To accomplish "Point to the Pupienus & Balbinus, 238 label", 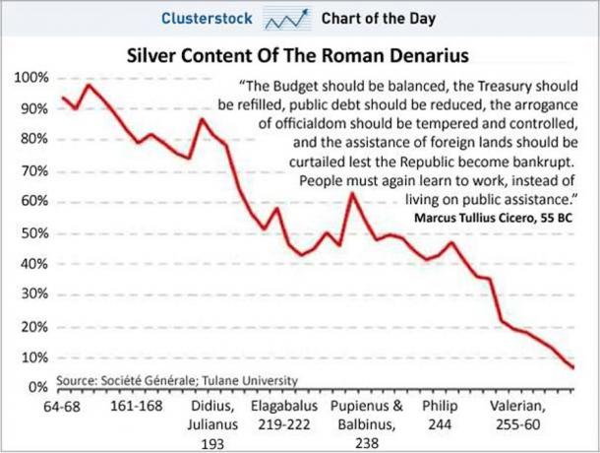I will click(x=366, y=423).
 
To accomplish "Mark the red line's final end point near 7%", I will click(x=572, y=367).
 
